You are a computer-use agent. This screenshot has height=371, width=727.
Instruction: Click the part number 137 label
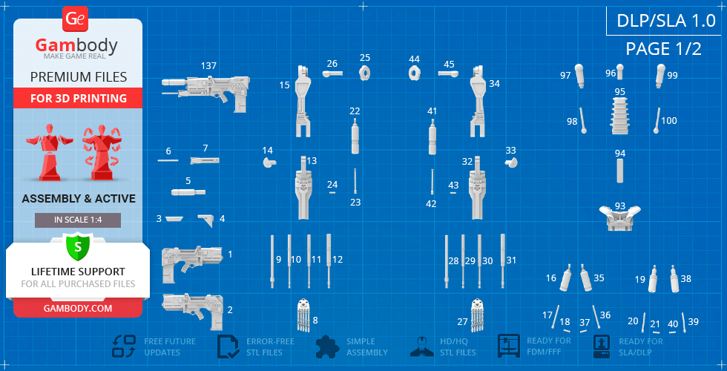[208, 66]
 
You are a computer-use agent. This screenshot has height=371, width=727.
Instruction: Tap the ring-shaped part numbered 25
[365, 73]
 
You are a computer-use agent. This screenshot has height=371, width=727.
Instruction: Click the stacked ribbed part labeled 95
[620, 116]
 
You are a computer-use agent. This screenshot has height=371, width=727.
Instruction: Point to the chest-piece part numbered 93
[620, 219]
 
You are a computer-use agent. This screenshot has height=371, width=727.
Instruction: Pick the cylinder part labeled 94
[620, 171]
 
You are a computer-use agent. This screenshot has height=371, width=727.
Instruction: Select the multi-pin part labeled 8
[303, 315]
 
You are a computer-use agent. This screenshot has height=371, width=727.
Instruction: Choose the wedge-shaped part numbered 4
[205, 220]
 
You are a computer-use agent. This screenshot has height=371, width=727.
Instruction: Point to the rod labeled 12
[329, 260]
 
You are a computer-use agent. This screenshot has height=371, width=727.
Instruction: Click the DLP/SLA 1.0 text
[666, 21]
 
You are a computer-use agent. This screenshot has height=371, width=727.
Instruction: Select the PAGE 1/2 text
[663, 48]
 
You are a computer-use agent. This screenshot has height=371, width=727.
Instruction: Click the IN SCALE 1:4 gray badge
[78, 220]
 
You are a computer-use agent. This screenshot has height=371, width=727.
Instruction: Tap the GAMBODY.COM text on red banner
[78, 308]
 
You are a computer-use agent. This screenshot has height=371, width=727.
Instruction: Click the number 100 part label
[669, 120]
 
